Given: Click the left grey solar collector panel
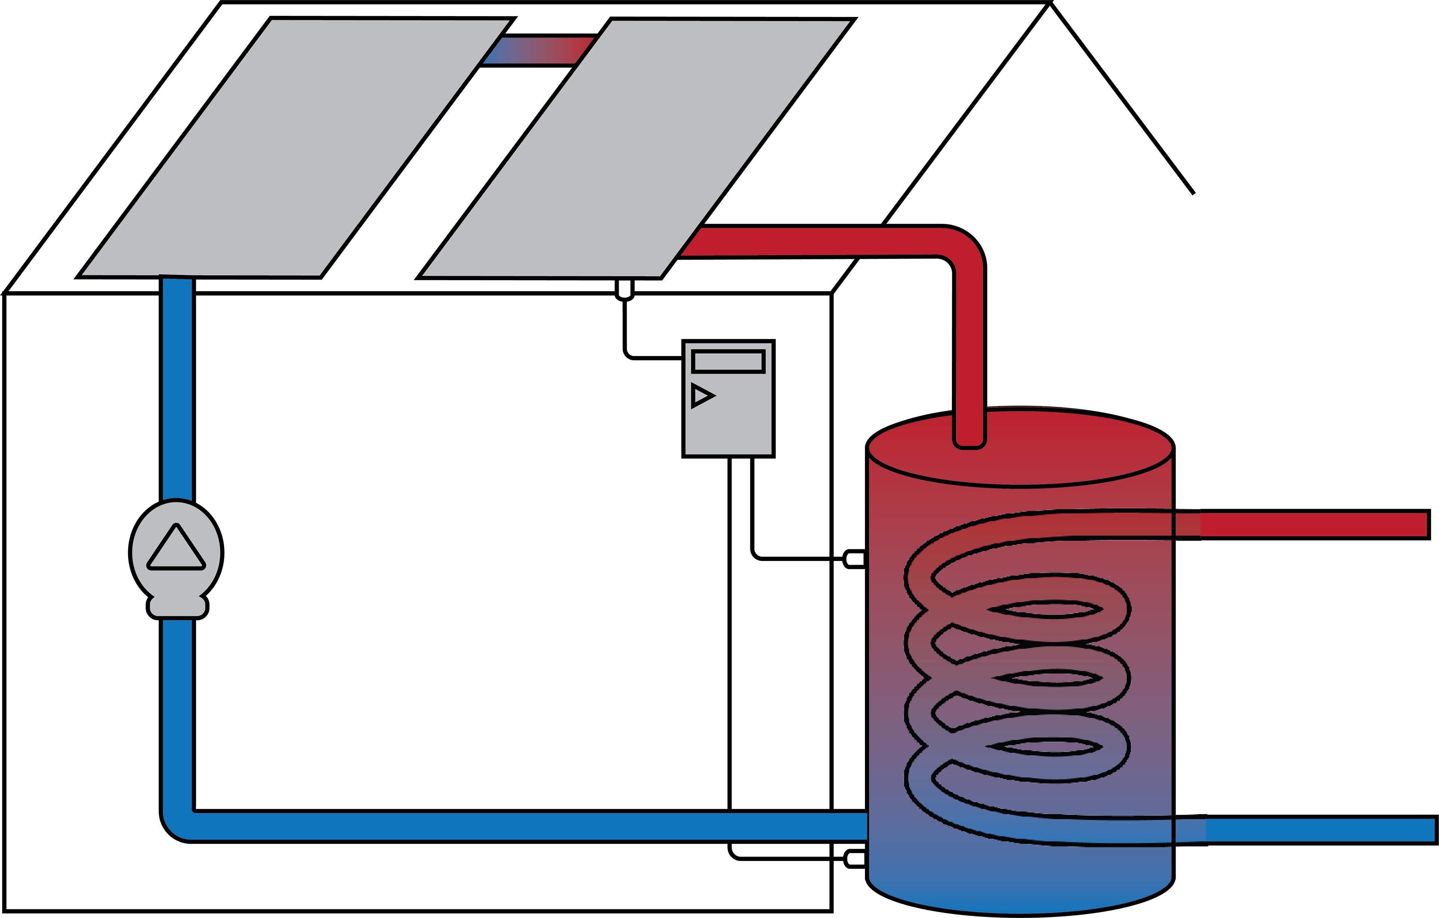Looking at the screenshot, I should pos(295,148).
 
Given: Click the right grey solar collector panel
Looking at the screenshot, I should pos(636,149).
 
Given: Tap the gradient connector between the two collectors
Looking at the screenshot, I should pos(538,50).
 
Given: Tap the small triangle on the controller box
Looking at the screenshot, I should pos(702,396).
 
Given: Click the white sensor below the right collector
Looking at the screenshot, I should pos(624,289).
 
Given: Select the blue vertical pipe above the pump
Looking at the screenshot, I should pos(178,389).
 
